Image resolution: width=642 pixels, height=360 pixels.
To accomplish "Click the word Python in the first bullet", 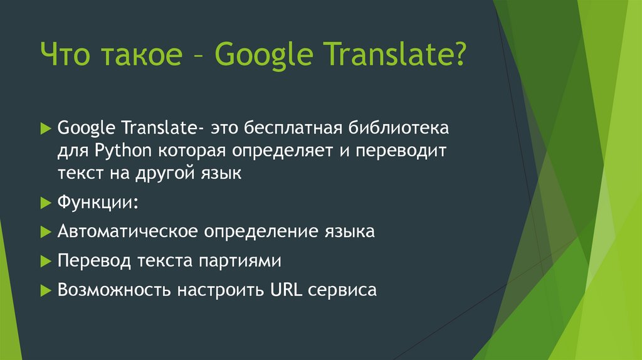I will [x=125, y=152].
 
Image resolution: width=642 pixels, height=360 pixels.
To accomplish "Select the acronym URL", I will [x=284, y=290].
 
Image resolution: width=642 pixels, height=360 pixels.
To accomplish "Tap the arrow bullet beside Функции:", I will [x=45, y=203].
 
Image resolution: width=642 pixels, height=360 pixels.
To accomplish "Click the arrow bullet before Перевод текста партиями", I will [x=45, y=260].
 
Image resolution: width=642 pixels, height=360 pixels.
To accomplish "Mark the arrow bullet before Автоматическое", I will [x=45, y=231].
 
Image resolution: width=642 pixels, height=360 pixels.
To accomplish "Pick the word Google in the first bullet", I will [x=88, y=129].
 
